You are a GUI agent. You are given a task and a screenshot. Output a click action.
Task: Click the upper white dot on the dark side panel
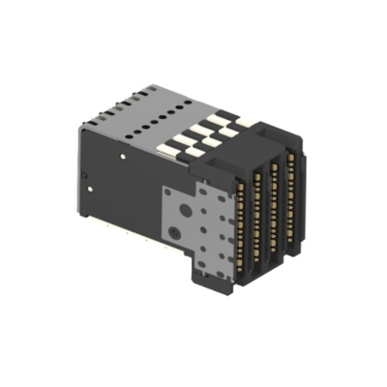[x=123, y=153]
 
